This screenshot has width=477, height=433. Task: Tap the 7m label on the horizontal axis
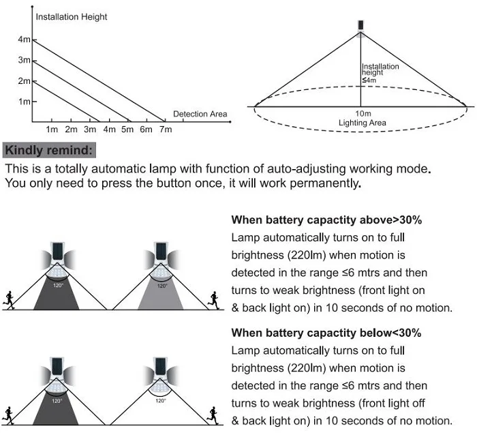click(x=165, y=130)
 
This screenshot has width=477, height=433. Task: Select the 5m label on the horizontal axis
click(x=127, y=130)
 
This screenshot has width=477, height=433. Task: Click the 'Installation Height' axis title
click(x=72, y=16)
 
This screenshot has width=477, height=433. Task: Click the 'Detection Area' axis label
click(x=200, y=114)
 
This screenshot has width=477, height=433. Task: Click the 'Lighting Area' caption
click(x=363, y=123)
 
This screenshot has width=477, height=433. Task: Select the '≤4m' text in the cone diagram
click(x=369, y=80)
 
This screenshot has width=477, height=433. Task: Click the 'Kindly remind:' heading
click(x=50, y=150)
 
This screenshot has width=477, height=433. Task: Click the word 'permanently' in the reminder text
click(x=326, y=183)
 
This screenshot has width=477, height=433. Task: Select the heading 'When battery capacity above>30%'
click(x=326, y=220)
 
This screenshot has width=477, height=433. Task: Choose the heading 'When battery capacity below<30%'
click(x=326, y=333)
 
